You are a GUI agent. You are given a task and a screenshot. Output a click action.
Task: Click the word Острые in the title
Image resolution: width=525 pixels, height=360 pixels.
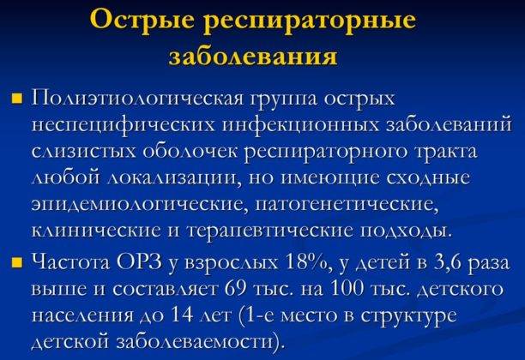pyautogui.click(x=142, y=20)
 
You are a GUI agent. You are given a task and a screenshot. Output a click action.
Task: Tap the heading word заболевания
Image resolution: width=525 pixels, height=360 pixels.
pyautogui.click(x=253, y=56)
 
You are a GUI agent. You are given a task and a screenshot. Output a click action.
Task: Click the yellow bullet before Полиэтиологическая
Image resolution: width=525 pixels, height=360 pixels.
pyautogui.click(x=17, y=99)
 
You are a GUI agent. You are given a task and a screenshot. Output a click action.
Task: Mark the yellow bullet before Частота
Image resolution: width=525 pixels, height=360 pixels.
pyautogui.click(x=17, y=262)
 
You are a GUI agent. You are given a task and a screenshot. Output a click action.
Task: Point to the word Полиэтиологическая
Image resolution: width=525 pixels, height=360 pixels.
pyautogui.click(x=137, y=99)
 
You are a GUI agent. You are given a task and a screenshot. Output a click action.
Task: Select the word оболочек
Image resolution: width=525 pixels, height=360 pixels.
pyautogui.click(x=190, y=150)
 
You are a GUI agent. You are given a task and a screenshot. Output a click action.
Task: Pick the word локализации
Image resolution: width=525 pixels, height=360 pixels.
pyautogui.click(x=174, y=177)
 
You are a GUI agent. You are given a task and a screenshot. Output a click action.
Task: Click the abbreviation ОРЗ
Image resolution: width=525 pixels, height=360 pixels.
pyautogui.click(x=140, y=262)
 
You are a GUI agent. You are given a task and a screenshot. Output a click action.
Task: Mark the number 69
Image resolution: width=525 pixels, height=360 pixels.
pyautogui.click(x=238, y=289)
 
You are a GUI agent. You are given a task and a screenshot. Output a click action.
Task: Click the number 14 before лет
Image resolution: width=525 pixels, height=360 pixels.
pyautogui.click(x=183, y=315)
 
